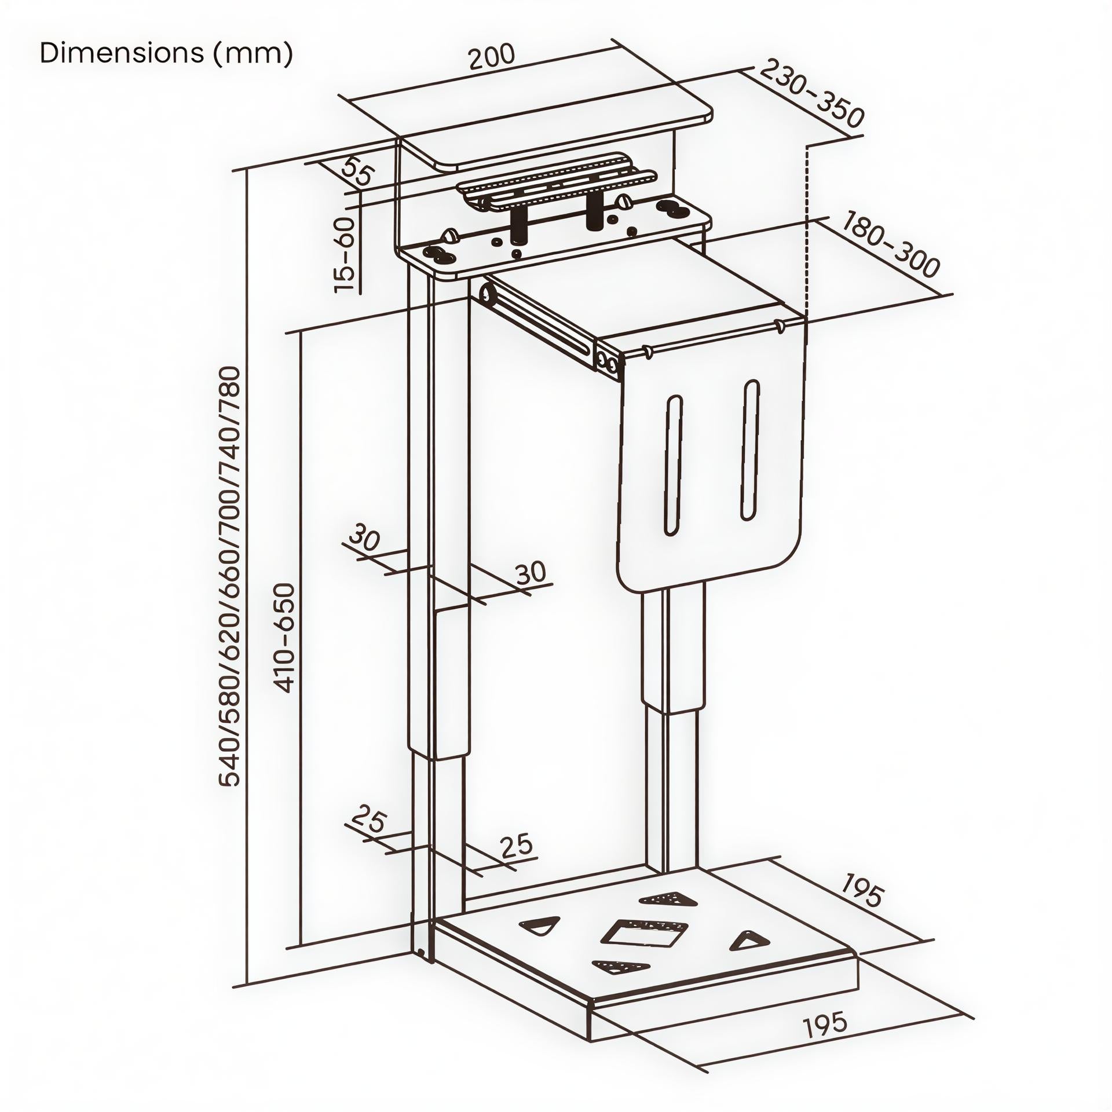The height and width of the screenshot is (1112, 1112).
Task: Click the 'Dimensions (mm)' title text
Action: pyautogui.click(x=166, y=53)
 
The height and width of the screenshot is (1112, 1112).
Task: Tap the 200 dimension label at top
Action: pyautogui.click(x=491, y=56)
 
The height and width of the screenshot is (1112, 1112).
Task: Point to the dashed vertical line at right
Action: pyautogui.click(x=806, y=232)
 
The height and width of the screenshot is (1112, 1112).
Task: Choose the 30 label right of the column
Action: pyautogui.click(x=531, y=573)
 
